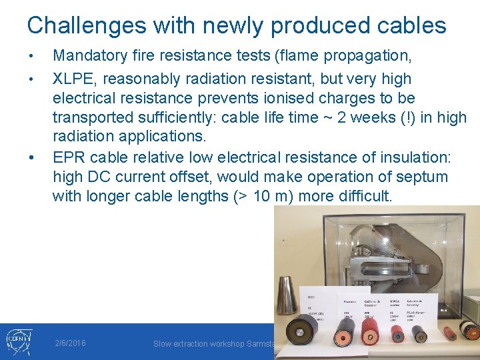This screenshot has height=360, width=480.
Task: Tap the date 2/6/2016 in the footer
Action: (70, 343)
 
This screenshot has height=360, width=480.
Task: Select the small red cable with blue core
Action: (399, 331)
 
